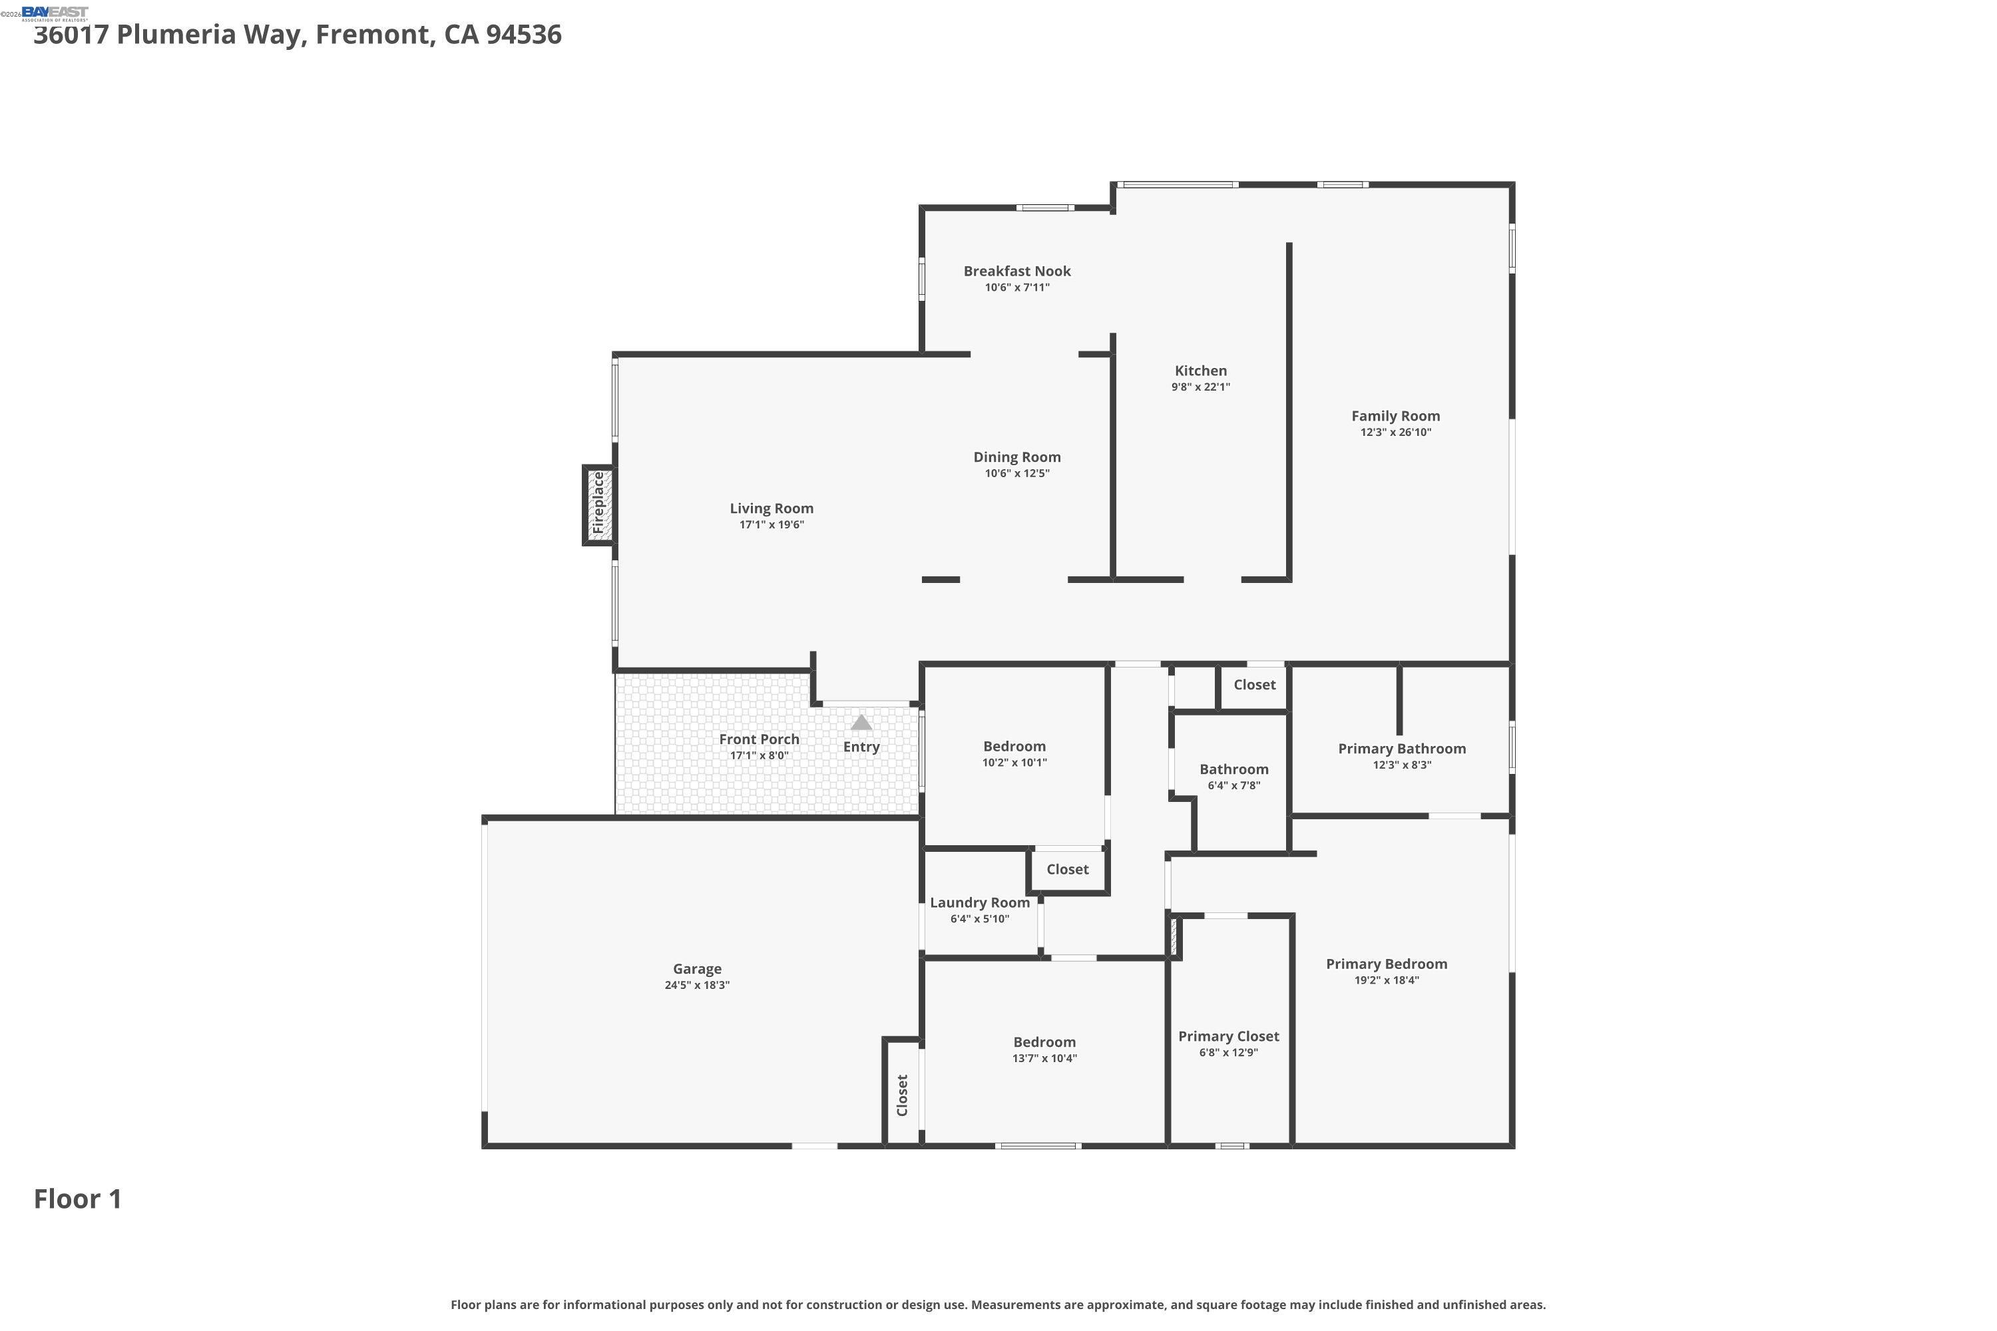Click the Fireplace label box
click(x=598, y=505)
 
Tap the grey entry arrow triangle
click(x=861, y=722)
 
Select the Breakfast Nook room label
click(x=1016, y=272)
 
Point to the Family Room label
click(x=1395, y=416)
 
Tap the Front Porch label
click(x=758, y=739)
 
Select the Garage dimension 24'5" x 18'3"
click(x=696, y=986)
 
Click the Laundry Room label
click(x=979, y=903)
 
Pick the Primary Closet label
click(x=1227, y=1036)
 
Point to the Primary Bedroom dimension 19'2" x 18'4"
click(x=1386, y=980)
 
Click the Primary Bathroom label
click(x=1401, y=749)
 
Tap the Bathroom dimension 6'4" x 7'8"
click(x=1233, y=786)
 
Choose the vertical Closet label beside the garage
click(x=902, y=1095)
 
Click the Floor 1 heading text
click(x=77, y=1199)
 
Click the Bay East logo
click(x=55, y=12)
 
